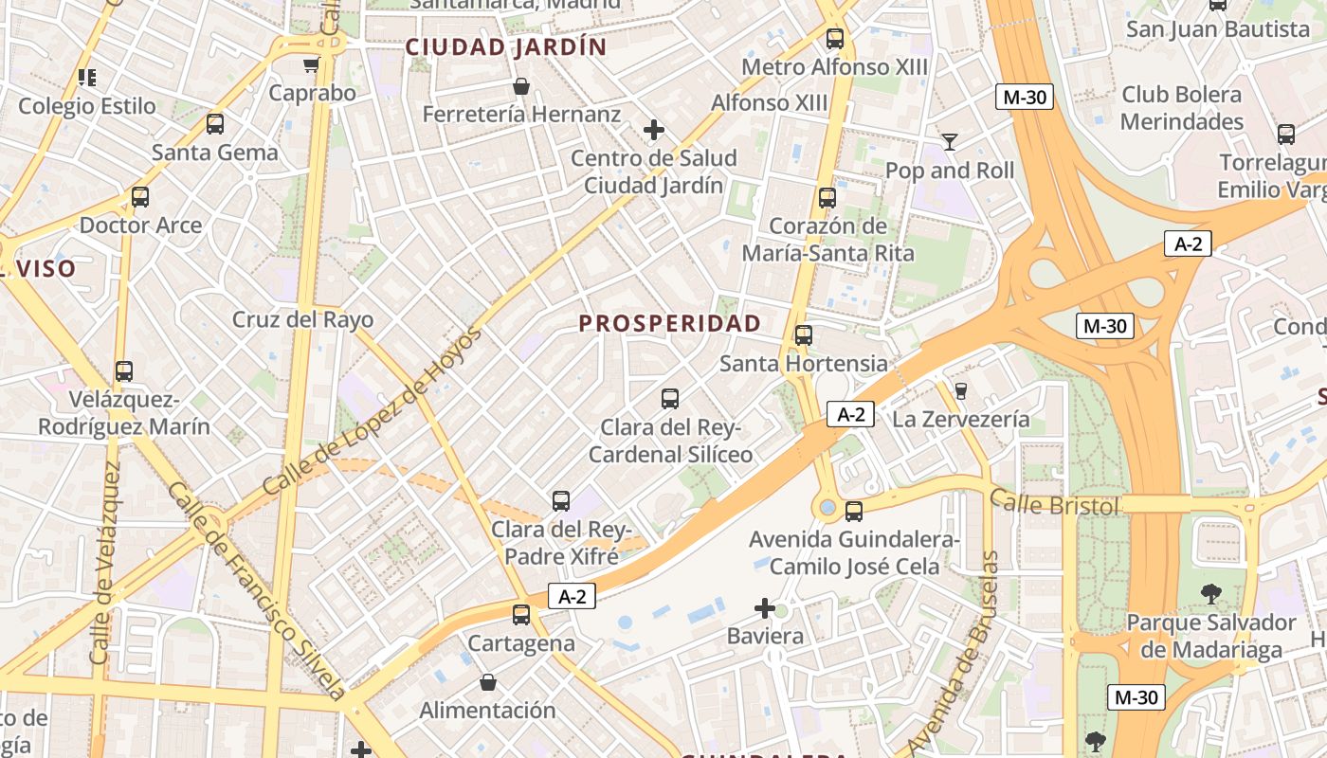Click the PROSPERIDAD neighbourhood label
[669, 323]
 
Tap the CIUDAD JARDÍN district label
[505, 47]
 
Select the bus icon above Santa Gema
[215, 124]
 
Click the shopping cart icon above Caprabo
[311, 65]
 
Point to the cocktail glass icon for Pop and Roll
[950, 142]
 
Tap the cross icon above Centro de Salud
[653, 130]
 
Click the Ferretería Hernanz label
[521, 115]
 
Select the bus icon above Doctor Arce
[140, 197]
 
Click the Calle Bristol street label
[1054, 504]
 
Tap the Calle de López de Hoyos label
[372, 412]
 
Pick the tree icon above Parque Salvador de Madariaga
[1210, 595]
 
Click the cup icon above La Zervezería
[961, 390]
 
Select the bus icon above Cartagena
[521, 615]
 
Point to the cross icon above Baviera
[765, 607]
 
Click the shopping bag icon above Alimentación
[487, 682]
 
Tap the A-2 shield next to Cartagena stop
[572, 596]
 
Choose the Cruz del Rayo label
[303, 319]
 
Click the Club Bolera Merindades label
[1181, 108]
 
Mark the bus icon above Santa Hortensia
[804, 335]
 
